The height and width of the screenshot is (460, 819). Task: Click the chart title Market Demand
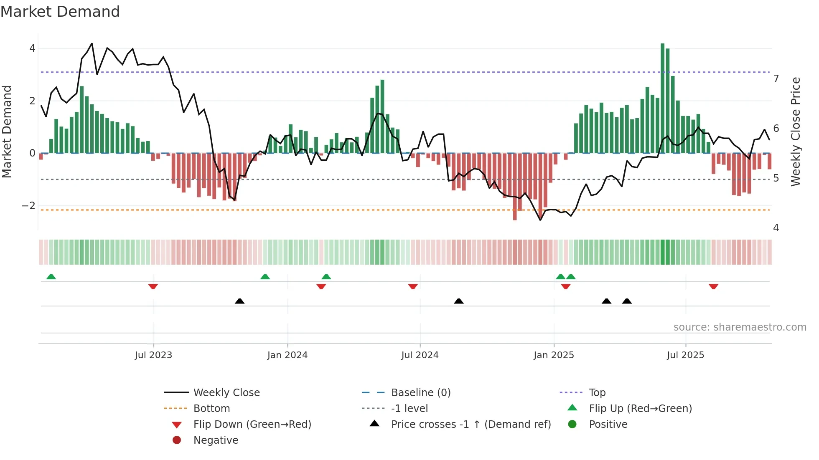tap(60, 12)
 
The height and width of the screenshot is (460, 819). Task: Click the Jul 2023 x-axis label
tap(153, 355)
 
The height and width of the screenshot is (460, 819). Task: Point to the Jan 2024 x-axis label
tap(287, 355)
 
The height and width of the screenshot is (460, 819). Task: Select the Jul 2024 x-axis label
tap(420, 355)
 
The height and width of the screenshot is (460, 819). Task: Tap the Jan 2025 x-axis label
tap(554, 355)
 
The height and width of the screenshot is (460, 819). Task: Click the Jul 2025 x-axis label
tap(686, 355)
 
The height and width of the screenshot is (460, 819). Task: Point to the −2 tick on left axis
tap(29, 206)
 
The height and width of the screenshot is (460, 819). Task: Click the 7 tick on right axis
tap(776, 79)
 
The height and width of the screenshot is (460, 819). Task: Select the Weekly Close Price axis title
tap(796, 131)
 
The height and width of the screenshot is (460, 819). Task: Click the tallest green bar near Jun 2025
tap(663, 99)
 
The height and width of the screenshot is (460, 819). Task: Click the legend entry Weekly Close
tap(226, 393)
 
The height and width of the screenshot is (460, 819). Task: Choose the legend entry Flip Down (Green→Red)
tap(252, 425)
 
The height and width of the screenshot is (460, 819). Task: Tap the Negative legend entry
tap(216, 440)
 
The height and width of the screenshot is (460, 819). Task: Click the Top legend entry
tap(597, 393)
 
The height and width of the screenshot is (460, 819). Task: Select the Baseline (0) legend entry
tap(421, 393)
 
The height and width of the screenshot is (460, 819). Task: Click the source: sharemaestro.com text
tap(740, 327)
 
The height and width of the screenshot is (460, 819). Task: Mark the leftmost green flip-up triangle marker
tap(51, 277)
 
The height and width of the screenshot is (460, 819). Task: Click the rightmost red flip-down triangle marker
tap(713, 286)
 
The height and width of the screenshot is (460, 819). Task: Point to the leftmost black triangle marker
tap(239, 301)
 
